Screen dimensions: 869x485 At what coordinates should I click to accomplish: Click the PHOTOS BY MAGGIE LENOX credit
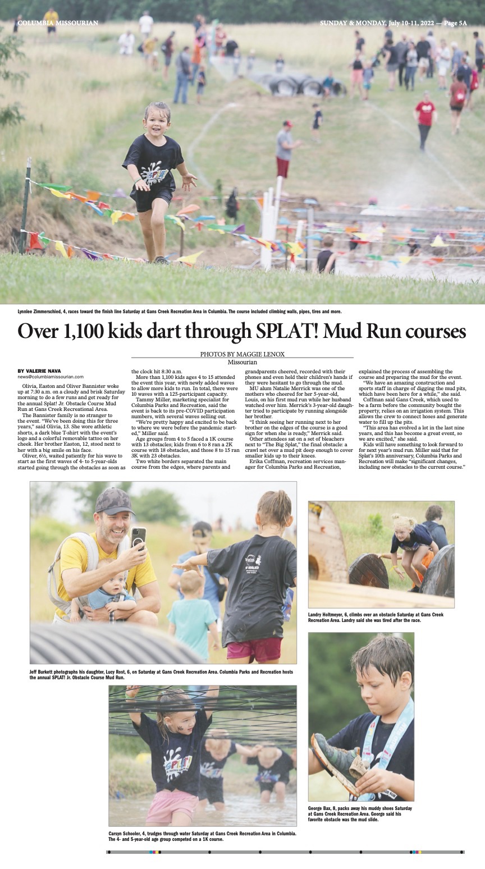point(242,354)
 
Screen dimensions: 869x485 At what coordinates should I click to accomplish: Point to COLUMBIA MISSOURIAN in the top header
point(58,23)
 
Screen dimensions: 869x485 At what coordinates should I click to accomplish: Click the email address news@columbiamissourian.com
point(51,377)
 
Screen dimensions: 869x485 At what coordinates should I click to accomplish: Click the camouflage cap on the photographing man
point(114,500)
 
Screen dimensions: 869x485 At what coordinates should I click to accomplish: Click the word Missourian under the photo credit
point(242,362)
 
